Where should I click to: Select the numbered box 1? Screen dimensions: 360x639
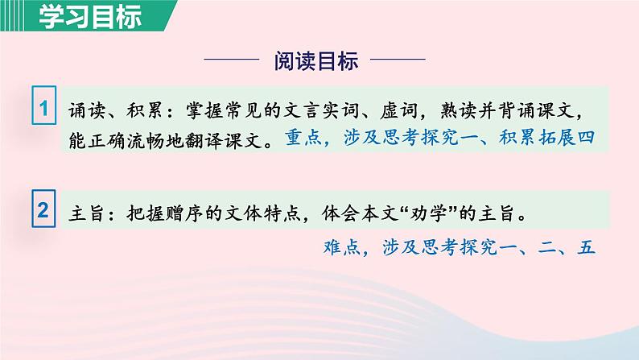pos(44,107)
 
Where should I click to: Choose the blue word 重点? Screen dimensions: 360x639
pos(302,139)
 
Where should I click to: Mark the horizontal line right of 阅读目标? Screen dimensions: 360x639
pos(400,60)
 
